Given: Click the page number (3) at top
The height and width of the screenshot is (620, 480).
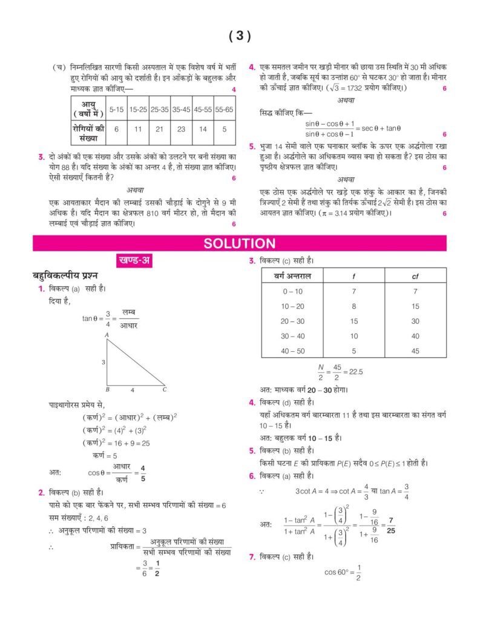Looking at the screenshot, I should point(240,36).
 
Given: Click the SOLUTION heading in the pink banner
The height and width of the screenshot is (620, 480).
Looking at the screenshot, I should point(240,243).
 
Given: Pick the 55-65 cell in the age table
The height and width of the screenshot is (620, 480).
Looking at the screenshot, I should point(224,110).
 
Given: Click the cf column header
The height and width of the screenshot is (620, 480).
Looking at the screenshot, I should point(415,276).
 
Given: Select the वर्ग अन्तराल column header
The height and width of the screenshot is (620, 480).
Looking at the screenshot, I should point(292,276).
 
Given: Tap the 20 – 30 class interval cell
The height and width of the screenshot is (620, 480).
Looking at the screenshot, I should point(293,322).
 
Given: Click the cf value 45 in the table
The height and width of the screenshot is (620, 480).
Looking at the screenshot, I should point(415,351).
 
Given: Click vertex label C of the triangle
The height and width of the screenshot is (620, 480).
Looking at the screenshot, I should point(164,389).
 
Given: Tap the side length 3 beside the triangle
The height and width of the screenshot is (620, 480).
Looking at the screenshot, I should point(103,362).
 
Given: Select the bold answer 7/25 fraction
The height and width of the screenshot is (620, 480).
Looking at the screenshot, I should point(391,524).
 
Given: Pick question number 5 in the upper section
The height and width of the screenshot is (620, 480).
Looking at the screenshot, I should point(252,147).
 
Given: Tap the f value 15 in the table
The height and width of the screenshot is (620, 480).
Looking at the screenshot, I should point(354,322).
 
